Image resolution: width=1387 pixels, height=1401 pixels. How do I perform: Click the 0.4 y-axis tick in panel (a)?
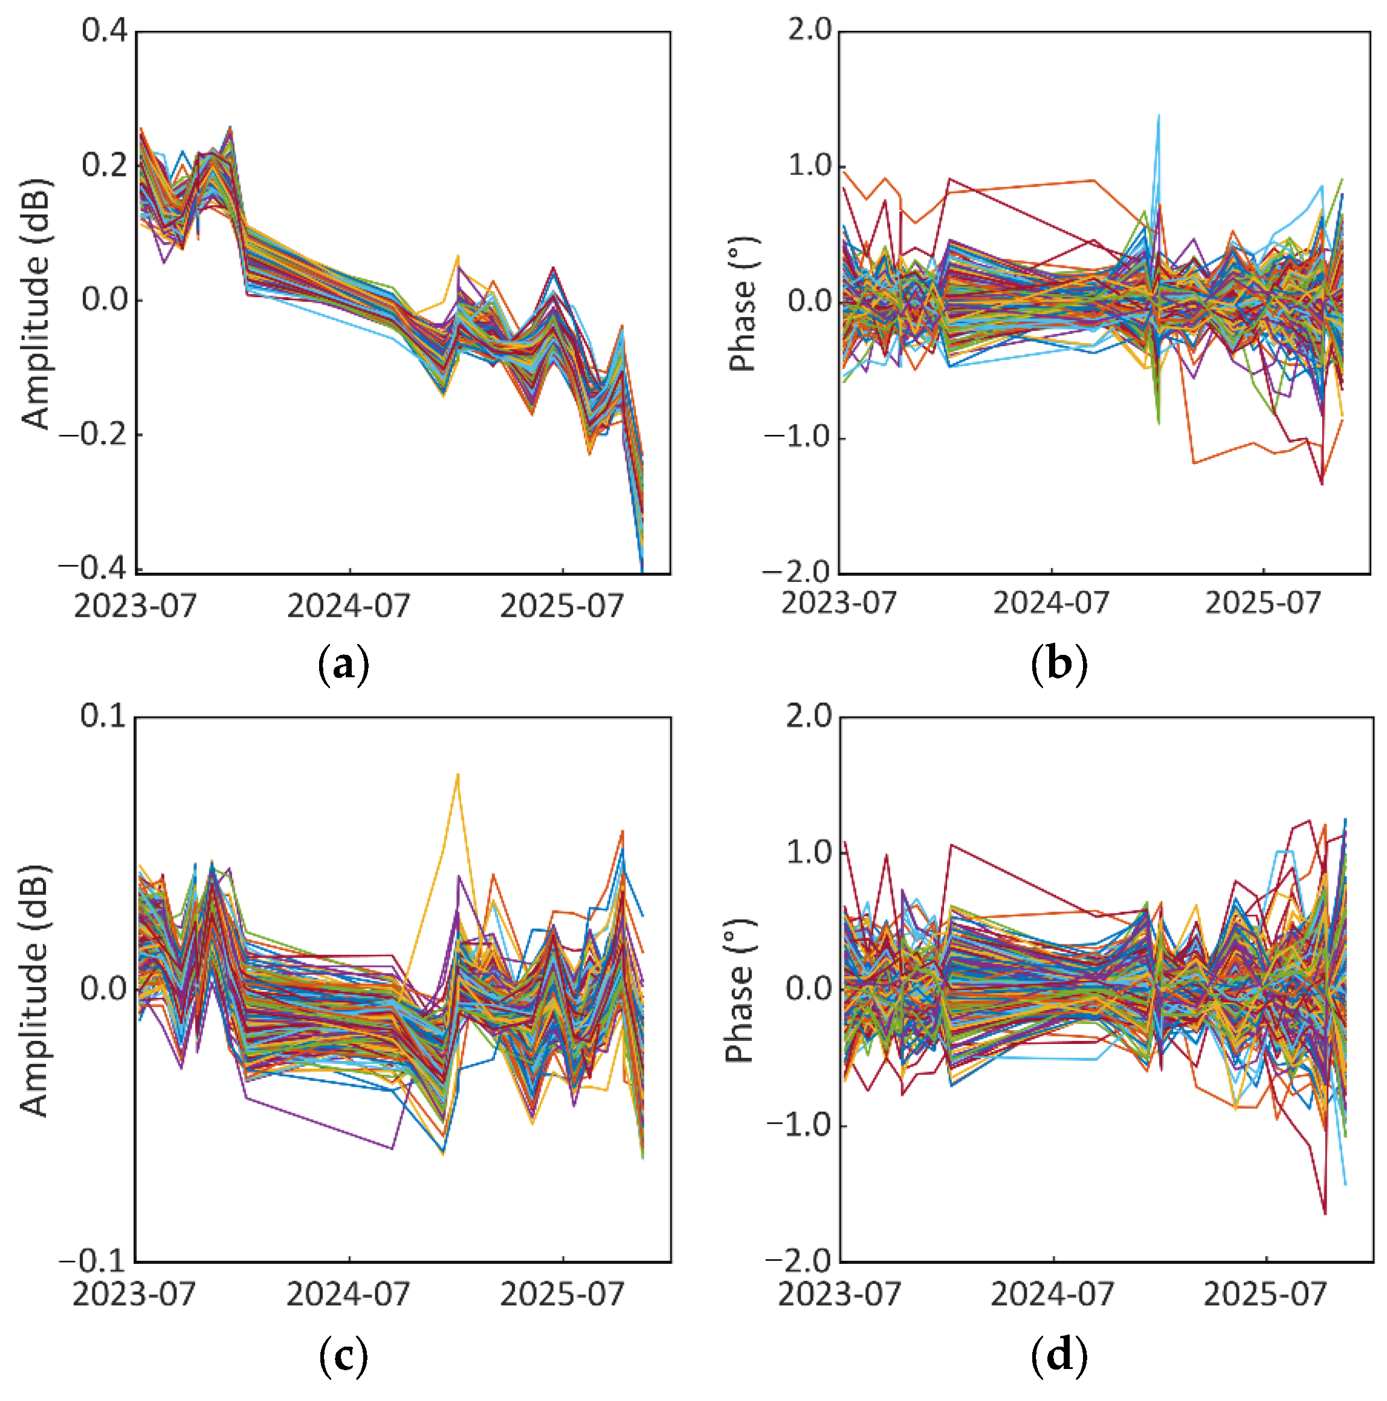point(105,31)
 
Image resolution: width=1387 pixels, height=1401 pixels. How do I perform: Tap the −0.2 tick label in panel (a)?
point(94,434)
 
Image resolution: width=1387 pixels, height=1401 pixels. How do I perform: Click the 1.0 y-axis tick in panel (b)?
point(810,166)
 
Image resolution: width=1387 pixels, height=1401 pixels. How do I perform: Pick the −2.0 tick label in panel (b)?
point(798,572)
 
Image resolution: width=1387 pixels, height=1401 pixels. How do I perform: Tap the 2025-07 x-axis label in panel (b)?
point(1263,602)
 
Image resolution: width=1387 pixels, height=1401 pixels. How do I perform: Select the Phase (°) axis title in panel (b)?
point(742,304)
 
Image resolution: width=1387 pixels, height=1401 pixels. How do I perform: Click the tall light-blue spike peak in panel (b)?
point(1159,115)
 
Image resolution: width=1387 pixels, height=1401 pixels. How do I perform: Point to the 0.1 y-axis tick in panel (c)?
point(104,716)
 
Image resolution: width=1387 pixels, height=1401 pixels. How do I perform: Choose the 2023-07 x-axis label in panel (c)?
point(134,1293)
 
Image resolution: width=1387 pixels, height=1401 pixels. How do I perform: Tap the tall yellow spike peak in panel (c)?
point(457,775)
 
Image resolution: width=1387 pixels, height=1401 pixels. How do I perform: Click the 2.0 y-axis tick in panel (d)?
point(810,716)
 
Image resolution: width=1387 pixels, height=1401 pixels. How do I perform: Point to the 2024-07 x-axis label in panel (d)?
point(1052,1293)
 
